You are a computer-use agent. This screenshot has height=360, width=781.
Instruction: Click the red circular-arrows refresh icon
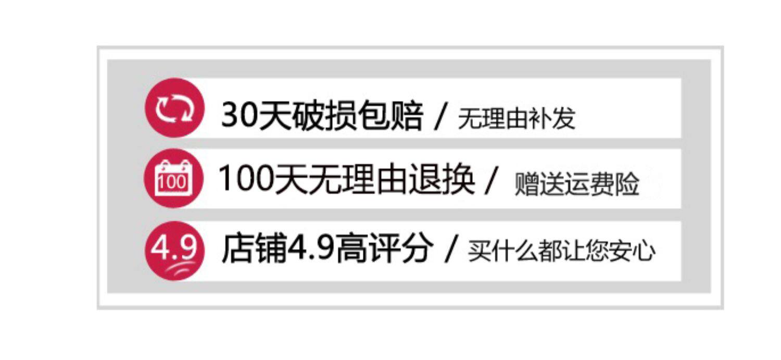[174, 108]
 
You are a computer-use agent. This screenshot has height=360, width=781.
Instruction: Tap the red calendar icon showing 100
[173, 178]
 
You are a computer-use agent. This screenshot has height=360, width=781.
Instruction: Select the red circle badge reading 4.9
[174, 251]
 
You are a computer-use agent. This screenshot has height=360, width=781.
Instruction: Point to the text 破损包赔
[358, 115]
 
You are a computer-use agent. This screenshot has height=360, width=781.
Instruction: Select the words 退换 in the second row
[442, 178]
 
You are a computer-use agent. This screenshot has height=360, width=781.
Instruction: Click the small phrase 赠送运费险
[577, 183]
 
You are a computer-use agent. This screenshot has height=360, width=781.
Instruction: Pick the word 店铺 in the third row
[254, 247]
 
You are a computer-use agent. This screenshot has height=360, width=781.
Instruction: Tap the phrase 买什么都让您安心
[561, 251]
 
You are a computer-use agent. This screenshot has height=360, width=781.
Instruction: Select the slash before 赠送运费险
[492, 179]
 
